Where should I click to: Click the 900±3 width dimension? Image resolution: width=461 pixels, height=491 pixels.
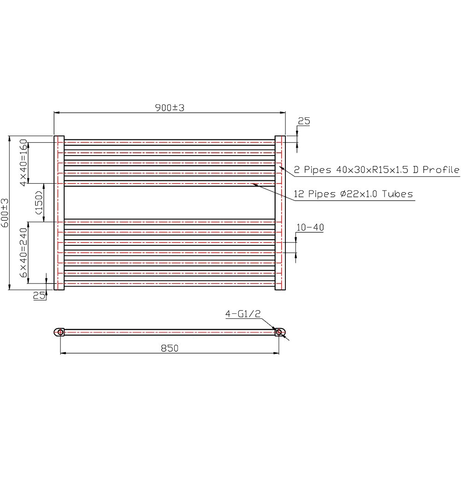tap(170, 108)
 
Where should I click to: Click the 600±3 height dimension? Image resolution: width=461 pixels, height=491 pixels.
tap(5, 213)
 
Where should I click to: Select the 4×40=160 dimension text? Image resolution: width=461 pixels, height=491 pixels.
tap(24, 163)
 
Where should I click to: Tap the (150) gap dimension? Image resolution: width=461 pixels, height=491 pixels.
tap(39, 202)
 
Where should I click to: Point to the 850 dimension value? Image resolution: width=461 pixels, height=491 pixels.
tap(170, 348)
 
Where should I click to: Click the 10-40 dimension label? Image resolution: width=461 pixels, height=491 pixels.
tap(310, 227)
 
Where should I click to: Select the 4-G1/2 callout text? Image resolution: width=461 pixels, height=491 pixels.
tap(243, 314)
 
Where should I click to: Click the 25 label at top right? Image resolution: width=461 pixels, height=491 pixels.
tap(304, 121)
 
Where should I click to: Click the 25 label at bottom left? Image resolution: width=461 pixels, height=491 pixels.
tap(39, 295)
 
